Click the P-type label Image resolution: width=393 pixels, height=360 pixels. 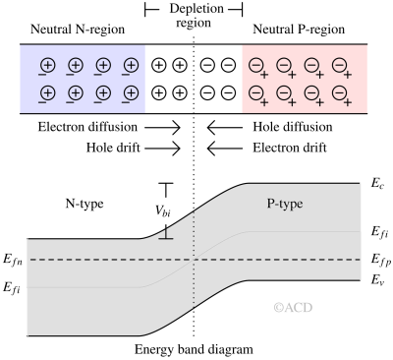285,204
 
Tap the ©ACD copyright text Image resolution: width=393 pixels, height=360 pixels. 293,308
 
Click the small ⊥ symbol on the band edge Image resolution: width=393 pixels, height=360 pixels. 166,233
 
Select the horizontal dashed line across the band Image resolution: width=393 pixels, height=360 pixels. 98,260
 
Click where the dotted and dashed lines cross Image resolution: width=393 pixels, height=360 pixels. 195,260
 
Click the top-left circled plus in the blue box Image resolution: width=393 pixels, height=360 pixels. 47,66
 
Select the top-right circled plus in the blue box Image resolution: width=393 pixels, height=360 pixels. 130,66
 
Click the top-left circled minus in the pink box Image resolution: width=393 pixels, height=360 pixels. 255,66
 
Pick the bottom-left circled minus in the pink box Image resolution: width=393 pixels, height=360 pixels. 255,94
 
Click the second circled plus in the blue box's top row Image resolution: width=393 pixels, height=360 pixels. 75,66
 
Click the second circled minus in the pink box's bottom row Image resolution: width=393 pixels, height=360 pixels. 283,94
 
